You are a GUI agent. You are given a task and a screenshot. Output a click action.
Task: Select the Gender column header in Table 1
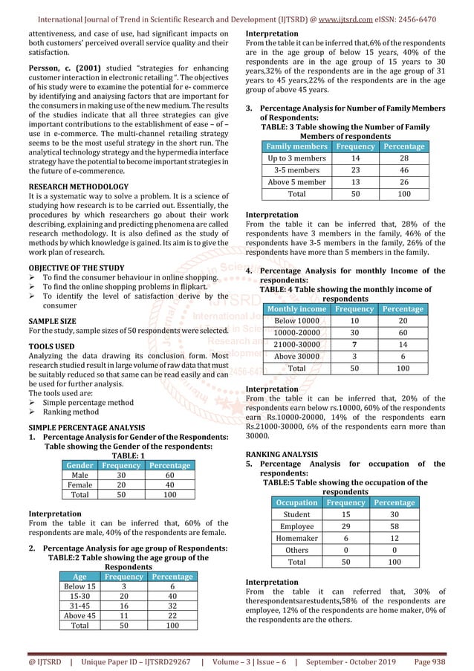point(79,466)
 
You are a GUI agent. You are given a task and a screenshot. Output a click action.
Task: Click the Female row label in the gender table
point(79,485)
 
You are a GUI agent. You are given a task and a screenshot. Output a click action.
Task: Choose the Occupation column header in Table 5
point(297,503)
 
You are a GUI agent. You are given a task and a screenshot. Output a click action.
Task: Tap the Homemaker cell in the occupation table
point(297,538)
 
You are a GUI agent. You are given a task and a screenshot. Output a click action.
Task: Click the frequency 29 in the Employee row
point(345,526)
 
